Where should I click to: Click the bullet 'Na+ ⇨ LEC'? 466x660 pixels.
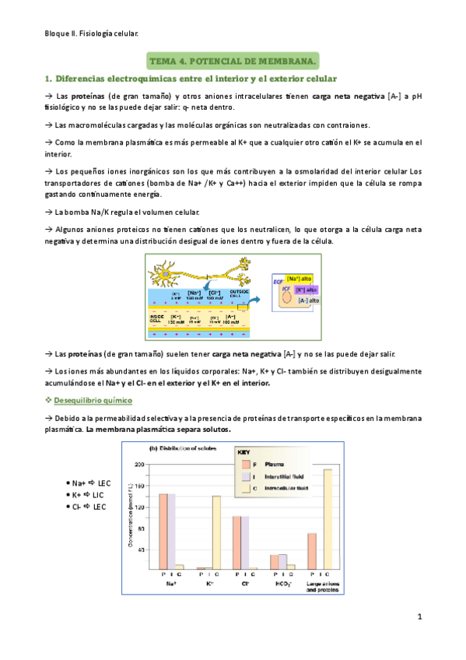click(x=90, y=483)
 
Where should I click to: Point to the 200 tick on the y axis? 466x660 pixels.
click(x=141, y=465)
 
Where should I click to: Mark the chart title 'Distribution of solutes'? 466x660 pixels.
click(x=180, y=449)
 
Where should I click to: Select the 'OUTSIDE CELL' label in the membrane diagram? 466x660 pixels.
click(x=239, y=292)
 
